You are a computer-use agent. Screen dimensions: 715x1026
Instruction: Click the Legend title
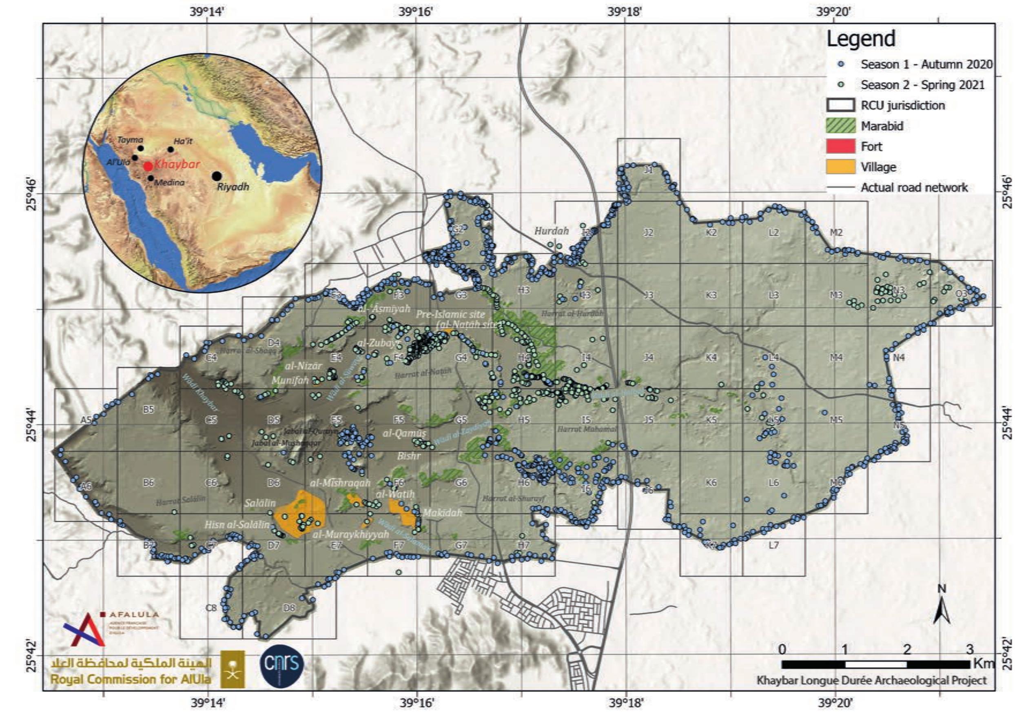(861, 39)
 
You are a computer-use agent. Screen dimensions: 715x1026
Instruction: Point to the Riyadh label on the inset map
(233, 187)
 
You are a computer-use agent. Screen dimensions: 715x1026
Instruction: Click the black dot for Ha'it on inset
(171, 149)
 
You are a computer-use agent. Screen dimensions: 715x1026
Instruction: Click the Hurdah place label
(552, 231)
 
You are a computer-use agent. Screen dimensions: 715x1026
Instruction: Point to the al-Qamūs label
(404, 433)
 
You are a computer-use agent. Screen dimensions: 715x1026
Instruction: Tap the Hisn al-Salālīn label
(237, 525)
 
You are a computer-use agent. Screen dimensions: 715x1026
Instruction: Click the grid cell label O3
(961, 294)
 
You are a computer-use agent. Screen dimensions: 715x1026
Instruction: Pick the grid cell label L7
(773, 546)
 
